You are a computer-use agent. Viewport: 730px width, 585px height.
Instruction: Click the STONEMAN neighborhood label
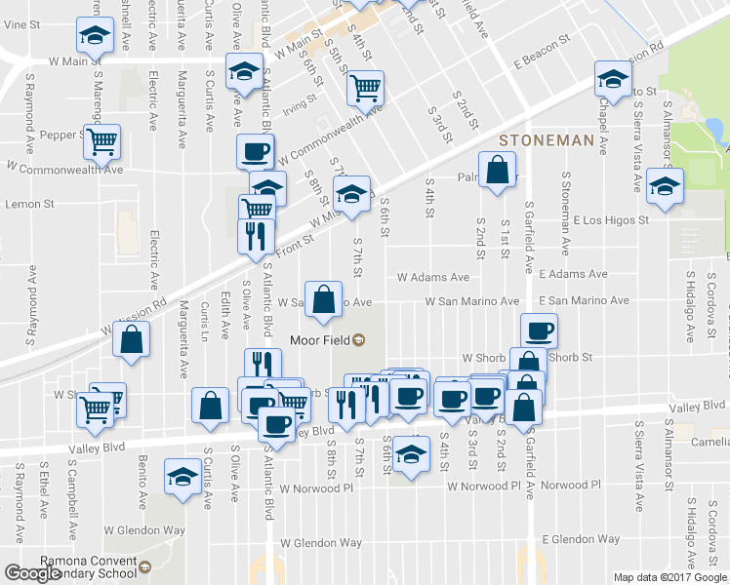(547, 140)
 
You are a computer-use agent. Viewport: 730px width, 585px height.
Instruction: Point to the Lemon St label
(29, 204)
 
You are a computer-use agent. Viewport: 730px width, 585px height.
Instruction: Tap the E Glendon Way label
(581, 538)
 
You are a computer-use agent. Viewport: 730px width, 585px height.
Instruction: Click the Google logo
(32, 574)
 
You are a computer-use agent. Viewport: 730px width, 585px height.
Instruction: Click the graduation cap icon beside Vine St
(95, 36)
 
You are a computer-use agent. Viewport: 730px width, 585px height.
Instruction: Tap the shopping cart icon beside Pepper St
(101, 142)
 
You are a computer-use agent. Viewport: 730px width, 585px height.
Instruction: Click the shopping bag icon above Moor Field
(323, 298)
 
